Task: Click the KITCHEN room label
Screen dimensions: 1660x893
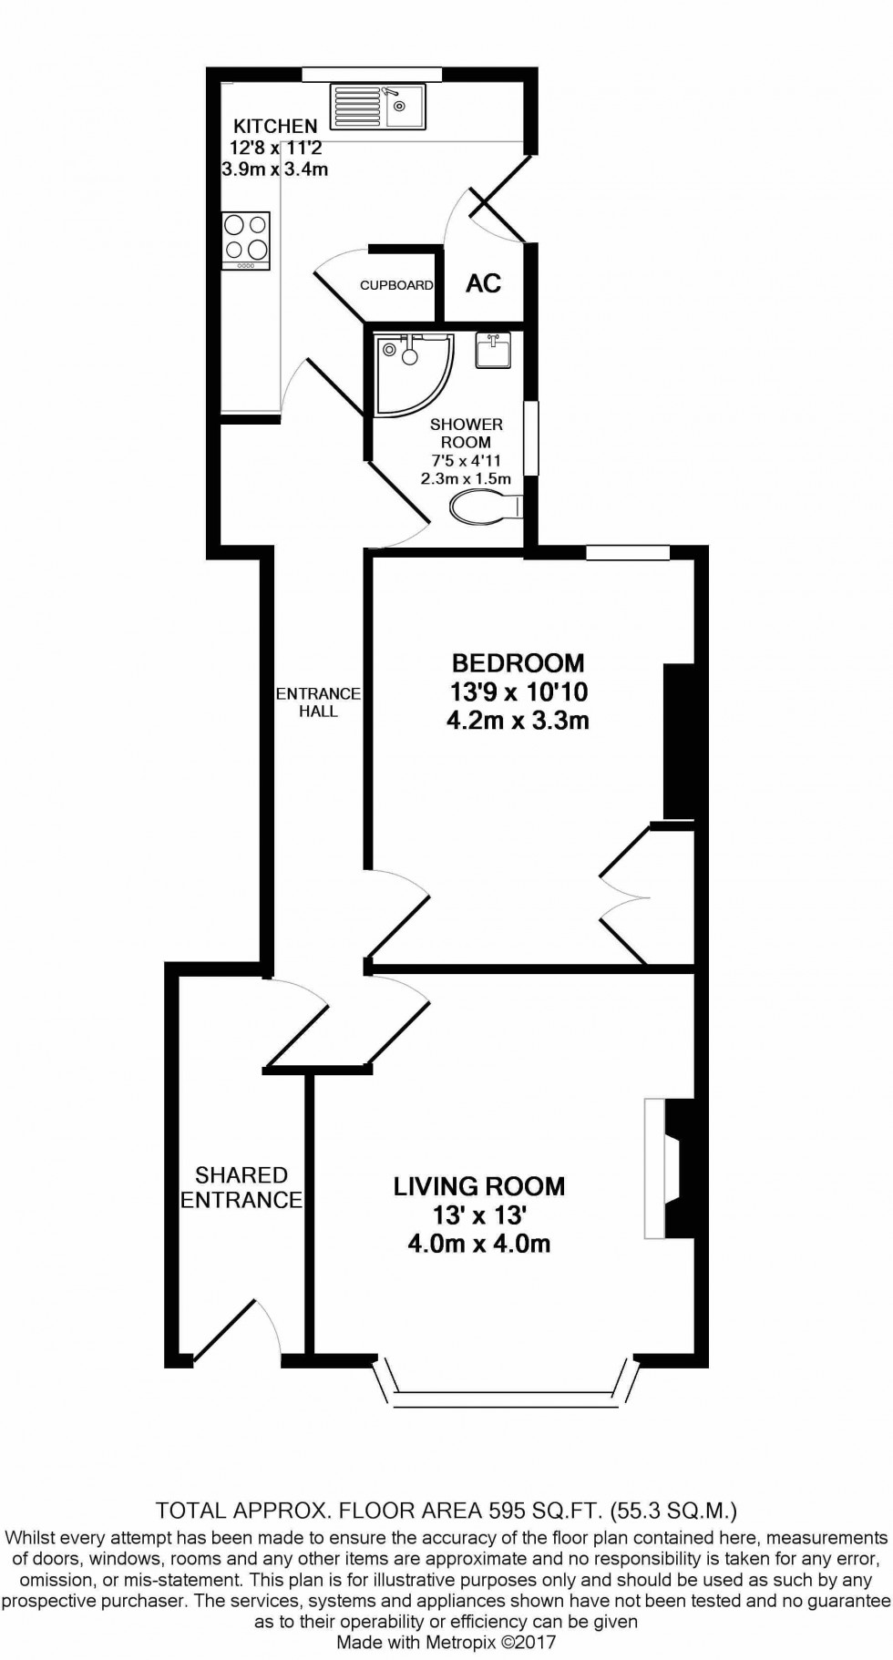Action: pos(275,126)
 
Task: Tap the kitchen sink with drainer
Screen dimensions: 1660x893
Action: pos(379,106)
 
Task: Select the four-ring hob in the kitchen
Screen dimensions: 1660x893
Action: pos(246,241)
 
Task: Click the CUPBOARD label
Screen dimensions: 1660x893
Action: pos(396,285)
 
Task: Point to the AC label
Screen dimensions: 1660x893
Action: pos(483,283)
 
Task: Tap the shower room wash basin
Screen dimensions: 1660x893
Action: pos(493,350)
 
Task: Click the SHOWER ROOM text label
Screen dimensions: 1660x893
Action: pos(466,433)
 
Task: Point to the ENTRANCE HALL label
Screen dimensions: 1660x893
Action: pos(318,702)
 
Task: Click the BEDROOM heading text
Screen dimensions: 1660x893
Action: pos(518,662)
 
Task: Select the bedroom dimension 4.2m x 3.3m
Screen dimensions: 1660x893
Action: pos(518,721)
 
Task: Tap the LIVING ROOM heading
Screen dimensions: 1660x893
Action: pos(479,1186)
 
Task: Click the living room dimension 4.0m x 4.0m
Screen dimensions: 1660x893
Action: pos(479,1244)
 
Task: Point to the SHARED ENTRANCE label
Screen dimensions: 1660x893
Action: pos(241,1187)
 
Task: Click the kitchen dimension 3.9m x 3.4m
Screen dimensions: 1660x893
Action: pos(275,169)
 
